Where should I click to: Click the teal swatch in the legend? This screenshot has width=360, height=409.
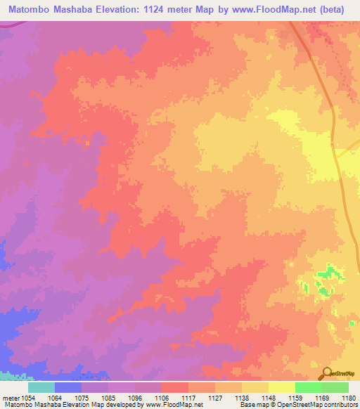tap(41, 387)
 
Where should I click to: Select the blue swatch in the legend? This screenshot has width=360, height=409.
tap(68, 387)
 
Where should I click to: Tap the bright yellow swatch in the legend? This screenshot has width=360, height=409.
tap(282, 387)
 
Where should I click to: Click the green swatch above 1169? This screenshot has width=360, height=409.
tap(308, 387)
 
